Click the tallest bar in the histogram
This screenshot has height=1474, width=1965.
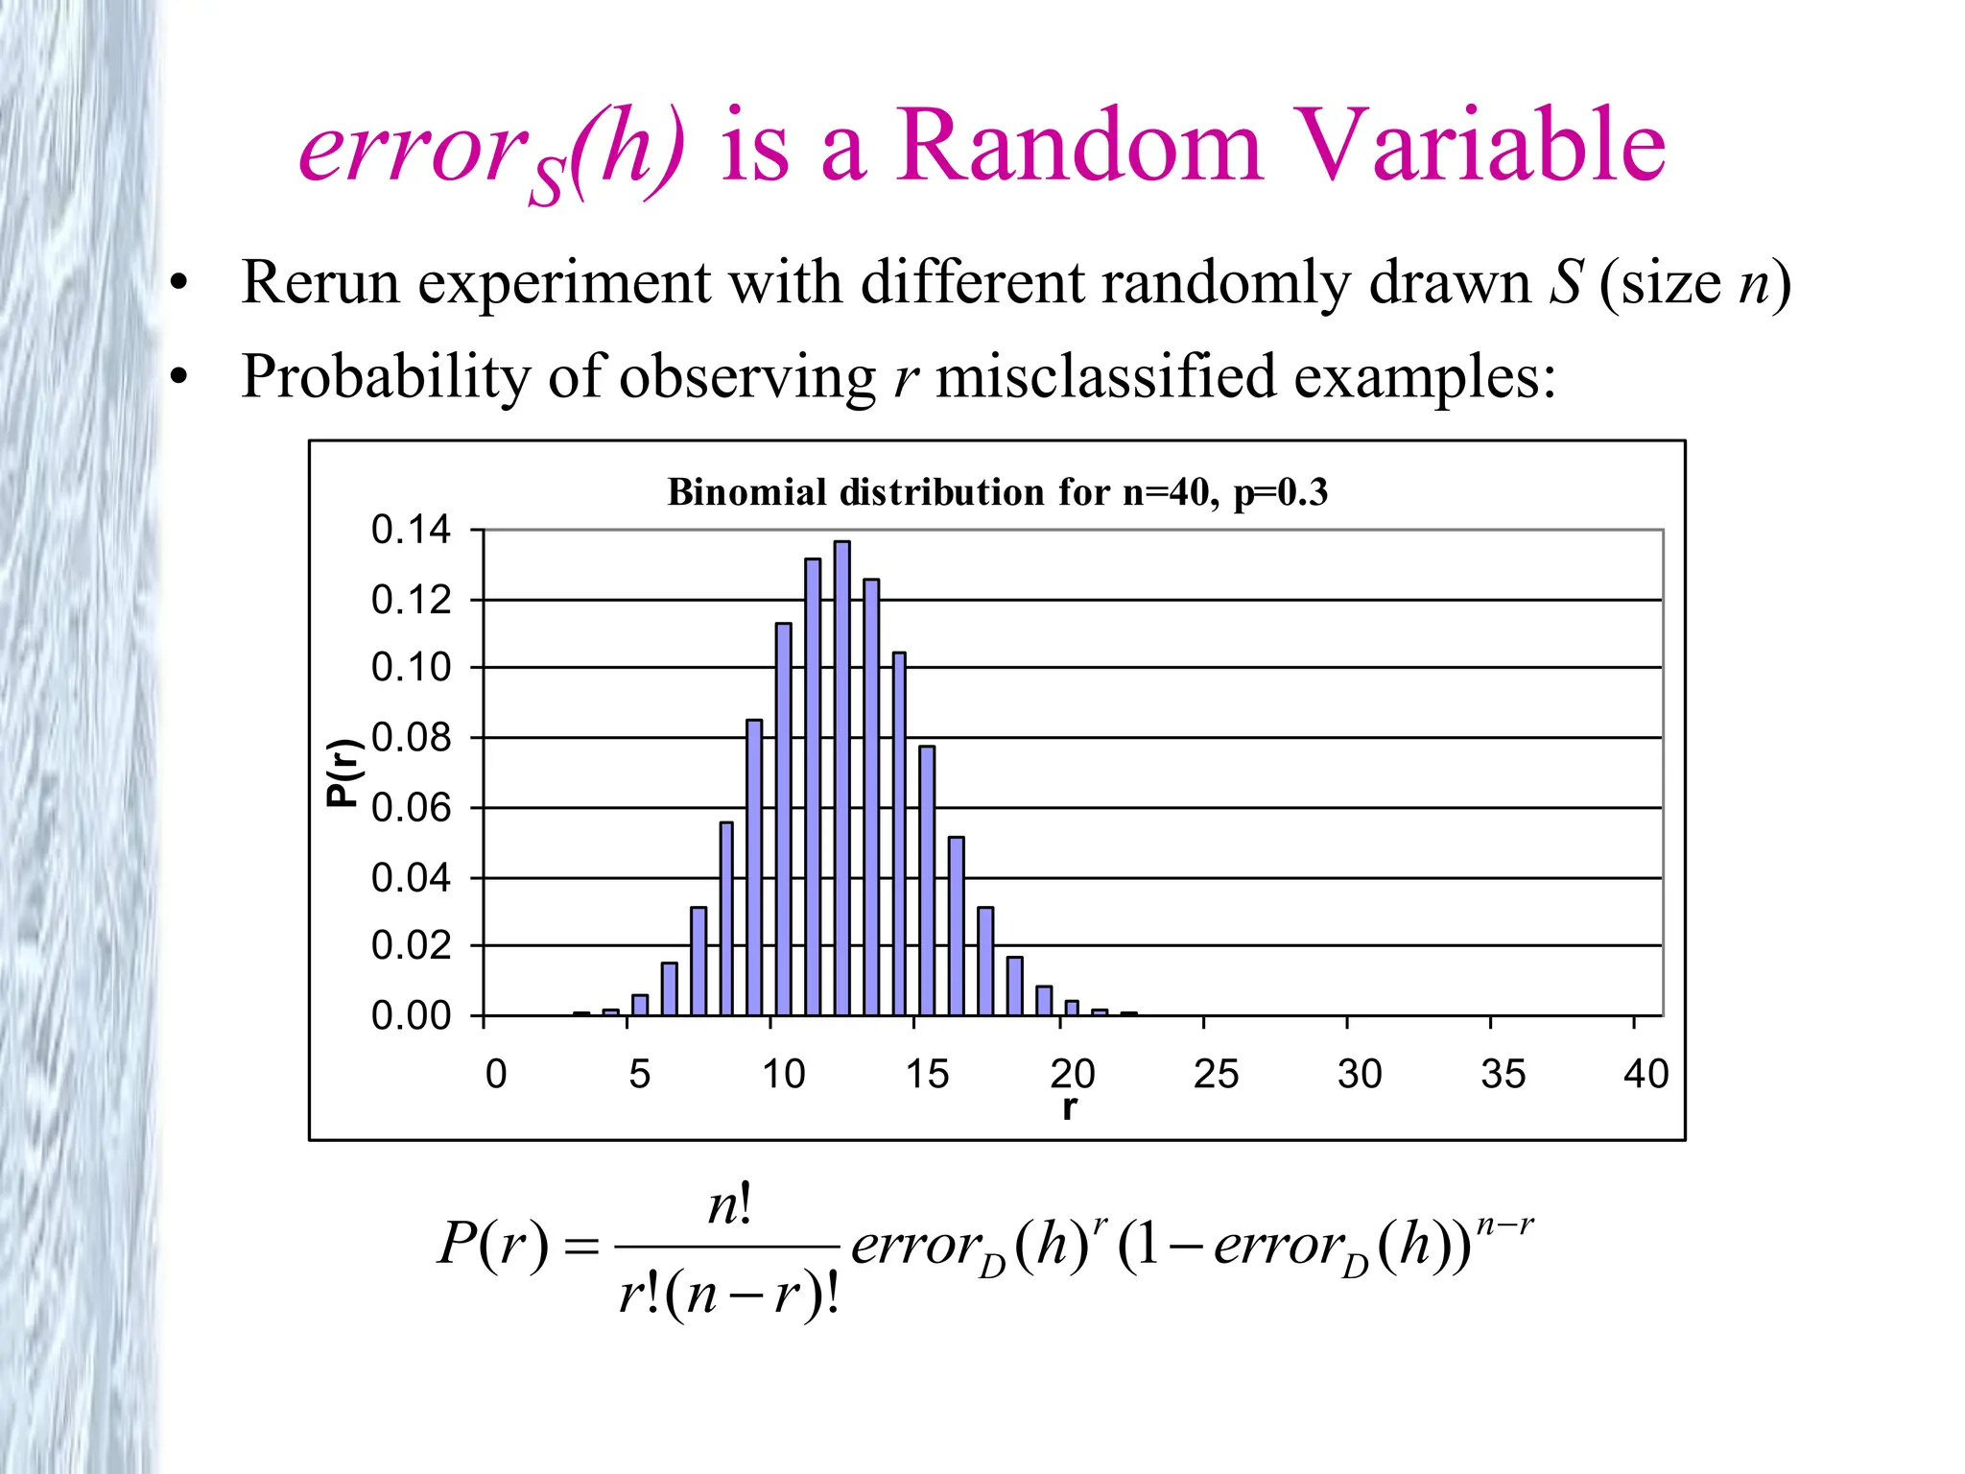841,777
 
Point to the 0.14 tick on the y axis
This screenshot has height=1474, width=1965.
411,530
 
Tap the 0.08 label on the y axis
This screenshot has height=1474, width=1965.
411,738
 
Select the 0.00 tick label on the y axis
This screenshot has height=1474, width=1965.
411,1015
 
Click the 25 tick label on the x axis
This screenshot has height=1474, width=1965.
1216,1074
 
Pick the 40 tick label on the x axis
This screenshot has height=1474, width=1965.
1645,1074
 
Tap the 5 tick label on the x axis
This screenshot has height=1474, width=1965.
639,1074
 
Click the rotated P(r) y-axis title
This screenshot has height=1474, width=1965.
343,773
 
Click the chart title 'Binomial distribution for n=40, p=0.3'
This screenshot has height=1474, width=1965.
997,492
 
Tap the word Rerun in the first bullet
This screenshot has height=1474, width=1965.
320,283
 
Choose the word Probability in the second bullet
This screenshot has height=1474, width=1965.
385,377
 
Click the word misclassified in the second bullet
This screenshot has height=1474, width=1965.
1105,376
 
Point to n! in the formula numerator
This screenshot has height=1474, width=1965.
729,1205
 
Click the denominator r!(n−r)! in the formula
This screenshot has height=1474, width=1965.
729,1295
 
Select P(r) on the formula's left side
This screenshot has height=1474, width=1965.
493,1246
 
